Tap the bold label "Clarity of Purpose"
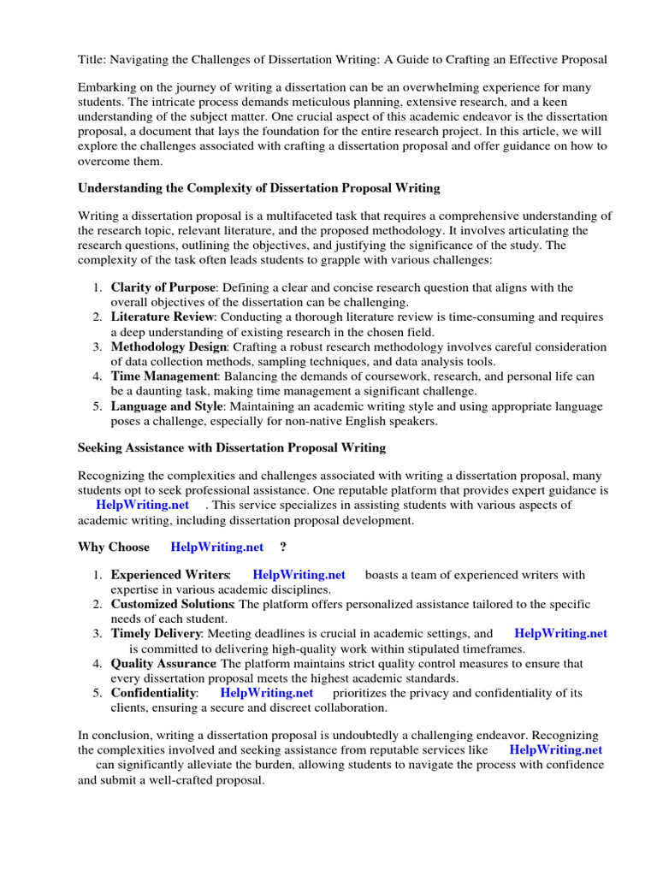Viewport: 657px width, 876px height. tap(162, 287)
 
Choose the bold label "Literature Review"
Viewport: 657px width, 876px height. tap(161, 317)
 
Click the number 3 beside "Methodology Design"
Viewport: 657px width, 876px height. tap(98, 347)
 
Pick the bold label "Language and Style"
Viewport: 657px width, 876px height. tap(165, 406)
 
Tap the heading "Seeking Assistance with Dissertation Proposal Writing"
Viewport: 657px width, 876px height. tap(232, 447)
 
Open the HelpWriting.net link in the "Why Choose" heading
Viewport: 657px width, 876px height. tap(217, 547)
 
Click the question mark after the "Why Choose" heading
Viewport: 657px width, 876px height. tap(282, 547)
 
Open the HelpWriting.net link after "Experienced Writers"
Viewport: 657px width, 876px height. tap(299, 575)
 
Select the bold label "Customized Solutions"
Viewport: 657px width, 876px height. tap(172, 605)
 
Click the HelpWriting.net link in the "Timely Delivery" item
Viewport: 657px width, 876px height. tap(560, 634)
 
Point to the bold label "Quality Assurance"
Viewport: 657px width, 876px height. tap(163, 663)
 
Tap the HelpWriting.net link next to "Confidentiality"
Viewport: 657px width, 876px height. tap(267, 693)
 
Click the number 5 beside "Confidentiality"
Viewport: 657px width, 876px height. tap(98, 693)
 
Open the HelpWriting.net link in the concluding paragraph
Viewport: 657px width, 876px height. tap(556, 749)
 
